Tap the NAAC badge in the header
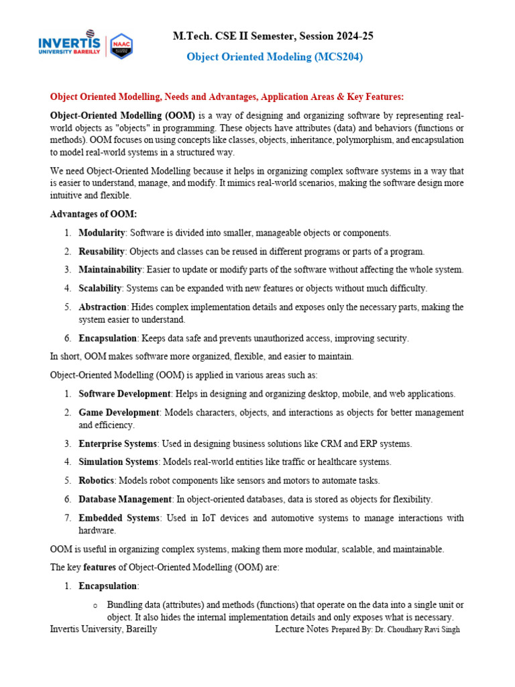pyautogui.click(x=121, y=46)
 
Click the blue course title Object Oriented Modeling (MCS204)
pyautogui.click(x=274, y=57)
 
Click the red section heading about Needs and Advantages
pyautogui.click(x=227, y=96)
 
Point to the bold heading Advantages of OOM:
pyautogui.click(x=93, y=214)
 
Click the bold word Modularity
pyautogui.click(x=102, y=233)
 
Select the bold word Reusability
pyautogui.click(x=101, y=252)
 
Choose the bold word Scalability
pyautogui.click(x=100, y=288)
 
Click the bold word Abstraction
pyautogui.click(x=103, y=307)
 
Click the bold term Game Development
pyautogui.click(x=119, y=412)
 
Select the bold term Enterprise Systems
pyautogui.click(x=118, y=443)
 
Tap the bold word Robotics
pyautogui.click(x=97, y=480)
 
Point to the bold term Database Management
pyautogui.click(x=125, y=499)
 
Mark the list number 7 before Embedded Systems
pyautogui.click(x=68, y=518)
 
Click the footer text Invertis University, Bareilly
pyautogui.click(x=103, y=629)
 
